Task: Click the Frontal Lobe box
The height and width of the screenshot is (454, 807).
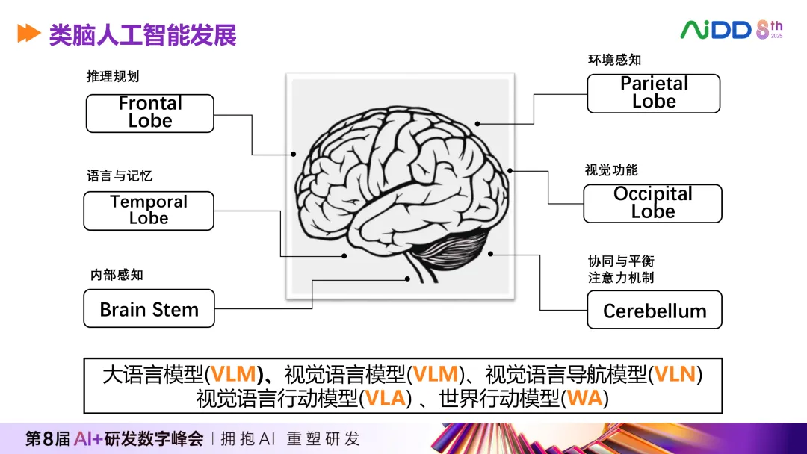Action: pos(150,113)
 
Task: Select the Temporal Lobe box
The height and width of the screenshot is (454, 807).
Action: pos(149,211)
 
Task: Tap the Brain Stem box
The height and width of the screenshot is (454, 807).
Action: pos(149,309)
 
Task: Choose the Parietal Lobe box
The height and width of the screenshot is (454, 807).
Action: pos(654,93)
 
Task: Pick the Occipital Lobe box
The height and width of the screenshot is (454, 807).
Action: pos(653,203)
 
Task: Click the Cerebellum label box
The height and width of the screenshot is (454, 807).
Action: pos(655,311)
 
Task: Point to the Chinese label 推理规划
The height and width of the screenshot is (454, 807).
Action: pos(113,77)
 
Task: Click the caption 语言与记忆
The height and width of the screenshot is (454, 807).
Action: pos(120,176)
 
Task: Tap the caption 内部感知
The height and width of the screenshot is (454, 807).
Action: pos(117,275)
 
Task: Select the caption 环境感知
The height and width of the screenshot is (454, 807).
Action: pos(614,60)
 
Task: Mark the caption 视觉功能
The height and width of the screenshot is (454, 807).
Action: pos(611,170)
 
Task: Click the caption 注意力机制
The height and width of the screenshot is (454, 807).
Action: pos(621,278)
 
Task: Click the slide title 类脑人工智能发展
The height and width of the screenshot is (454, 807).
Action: pos(143,34)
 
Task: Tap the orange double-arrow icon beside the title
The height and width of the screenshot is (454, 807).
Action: pos(28,34)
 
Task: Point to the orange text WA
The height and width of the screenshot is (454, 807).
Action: pos(585,398)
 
